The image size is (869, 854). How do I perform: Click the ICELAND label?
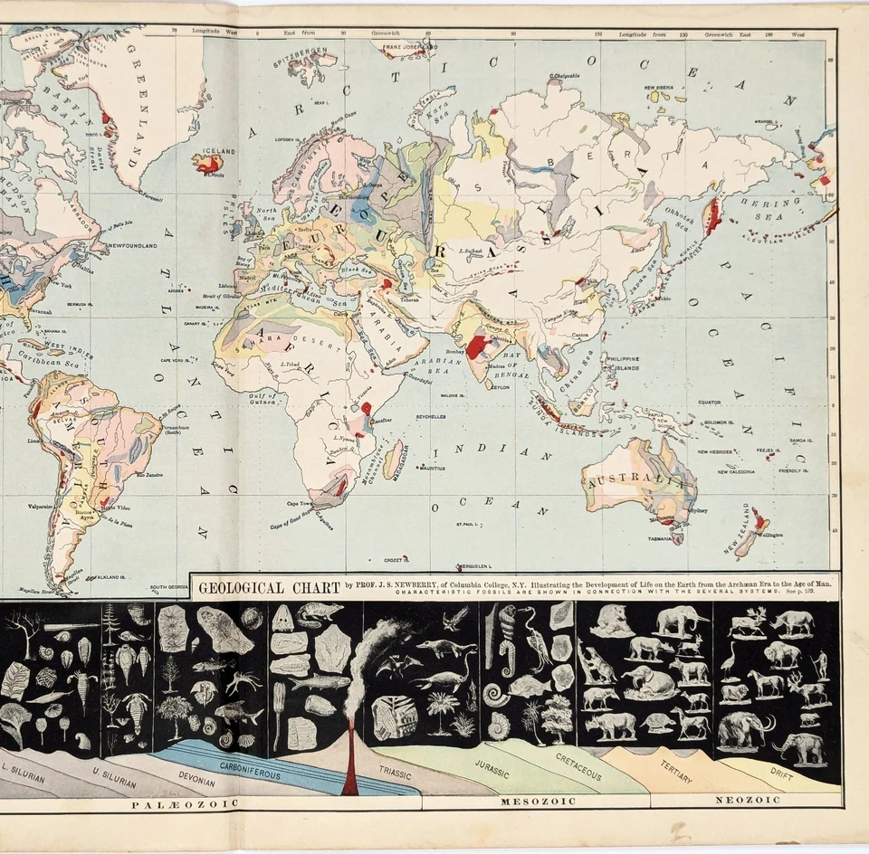(x=218, y=152)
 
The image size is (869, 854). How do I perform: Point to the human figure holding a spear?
(x=821, y=665)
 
